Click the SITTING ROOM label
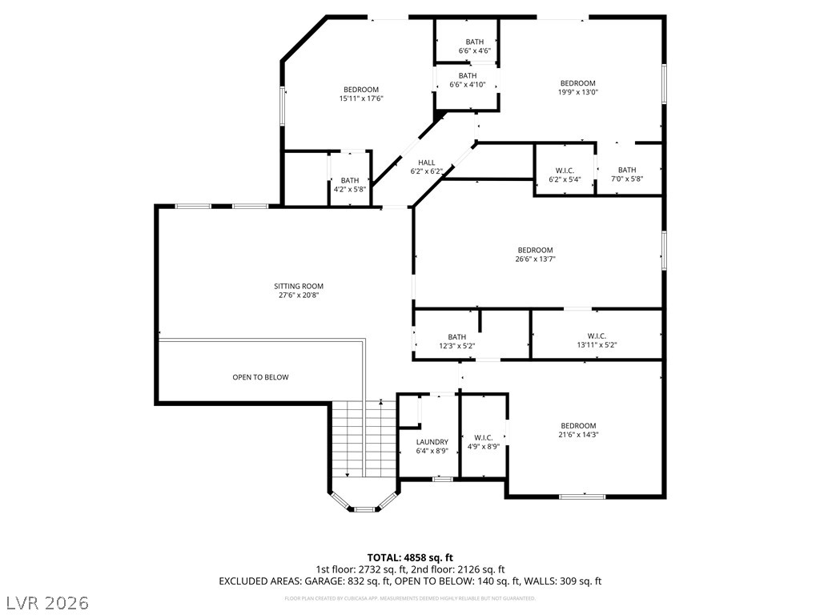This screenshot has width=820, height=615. click(x=299, y=286)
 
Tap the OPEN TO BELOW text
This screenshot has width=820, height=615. click(x=260, y=377)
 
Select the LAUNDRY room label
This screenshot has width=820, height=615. click(x=432, y=442)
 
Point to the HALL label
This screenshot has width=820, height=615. click(x=426, y=163)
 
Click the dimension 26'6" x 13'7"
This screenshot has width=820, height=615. click(x=535, y=259)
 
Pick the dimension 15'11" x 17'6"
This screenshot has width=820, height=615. click(x=361, y=99)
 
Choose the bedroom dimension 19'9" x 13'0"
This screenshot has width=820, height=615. click(x=577, y=93)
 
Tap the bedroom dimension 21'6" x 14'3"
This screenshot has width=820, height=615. click(x=578, y=435)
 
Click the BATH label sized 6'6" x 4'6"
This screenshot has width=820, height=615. click(x=475, y=42)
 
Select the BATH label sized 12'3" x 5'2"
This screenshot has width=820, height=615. click(x=457, y=337)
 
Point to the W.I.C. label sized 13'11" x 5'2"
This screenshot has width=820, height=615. click(x=597, y=336)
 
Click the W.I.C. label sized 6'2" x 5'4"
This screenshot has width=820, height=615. click(x=565, y=170)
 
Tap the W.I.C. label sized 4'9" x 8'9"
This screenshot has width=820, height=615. click(x=483, y=437)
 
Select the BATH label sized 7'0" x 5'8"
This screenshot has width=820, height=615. click(x=626, y=170)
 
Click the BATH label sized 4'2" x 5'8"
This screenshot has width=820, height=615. click(x=350, y=180)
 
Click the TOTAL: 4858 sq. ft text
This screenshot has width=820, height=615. click(x=410, y=557)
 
